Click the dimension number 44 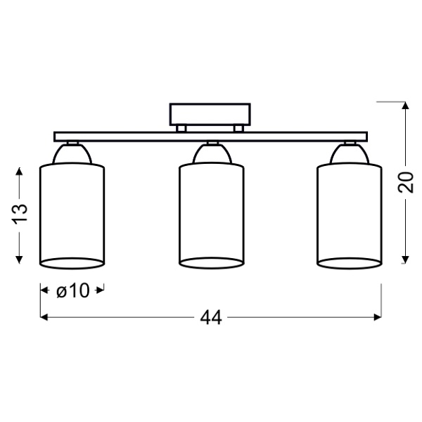[x=210, y=318]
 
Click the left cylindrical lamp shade [x=72, y=211]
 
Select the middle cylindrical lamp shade [x=210, y=211]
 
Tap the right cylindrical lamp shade [x=349, y=211]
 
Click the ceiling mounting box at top [x=210, y=115]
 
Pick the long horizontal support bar [x=210, y=136]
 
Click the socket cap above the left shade [x=72, y=153]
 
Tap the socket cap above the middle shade [x=210, y=153]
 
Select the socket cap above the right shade [x=349, y=153]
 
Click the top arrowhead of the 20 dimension [x=405, y=106]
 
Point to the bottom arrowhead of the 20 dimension [x=405, y=260]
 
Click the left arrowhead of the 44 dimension [x=43, y=318]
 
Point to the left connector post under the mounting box [x=181, y=128]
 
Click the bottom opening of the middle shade [x=210, y=263]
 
